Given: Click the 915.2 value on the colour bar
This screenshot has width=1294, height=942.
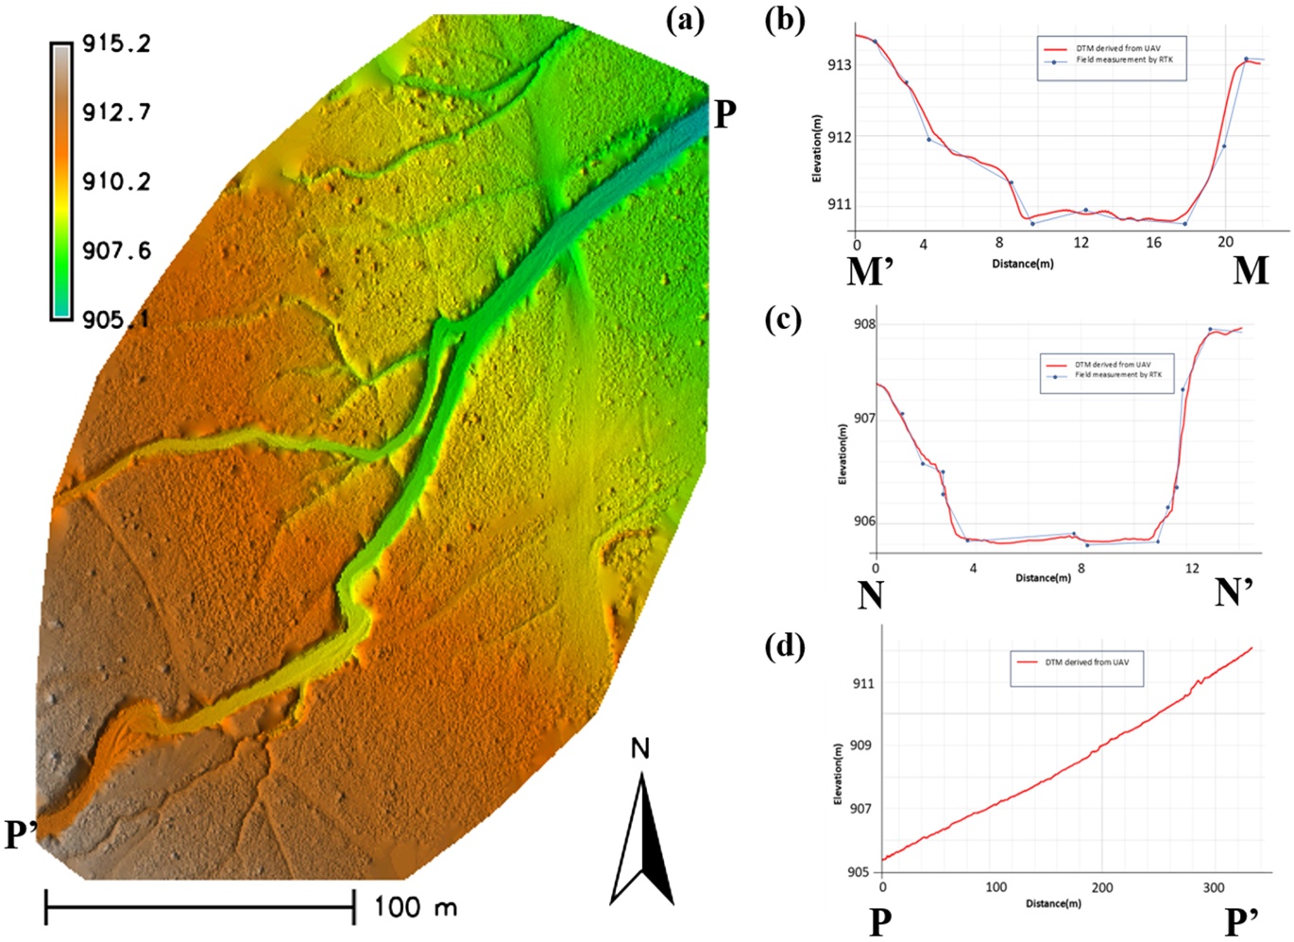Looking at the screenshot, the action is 117,43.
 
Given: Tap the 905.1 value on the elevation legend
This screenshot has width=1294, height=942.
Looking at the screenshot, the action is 117,319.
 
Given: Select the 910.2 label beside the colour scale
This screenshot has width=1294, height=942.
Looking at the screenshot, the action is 117,182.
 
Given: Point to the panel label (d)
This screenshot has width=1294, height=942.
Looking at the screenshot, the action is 785,646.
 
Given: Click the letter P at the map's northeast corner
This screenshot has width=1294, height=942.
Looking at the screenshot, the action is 725,115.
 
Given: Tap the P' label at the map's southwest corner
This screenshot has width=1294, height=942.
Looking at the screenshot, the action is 22,835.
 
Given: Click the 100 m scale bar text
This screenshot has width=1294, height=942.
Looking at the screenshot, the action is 416,907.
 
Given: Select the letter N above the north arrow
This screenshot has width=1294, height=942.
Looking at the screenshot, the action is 640,749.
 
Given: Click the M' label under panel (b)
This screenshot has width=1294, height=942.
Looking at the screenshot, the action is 875,271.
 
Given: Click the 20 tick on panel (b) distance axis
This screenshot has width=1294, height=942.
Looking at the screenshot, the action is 1225,244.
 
